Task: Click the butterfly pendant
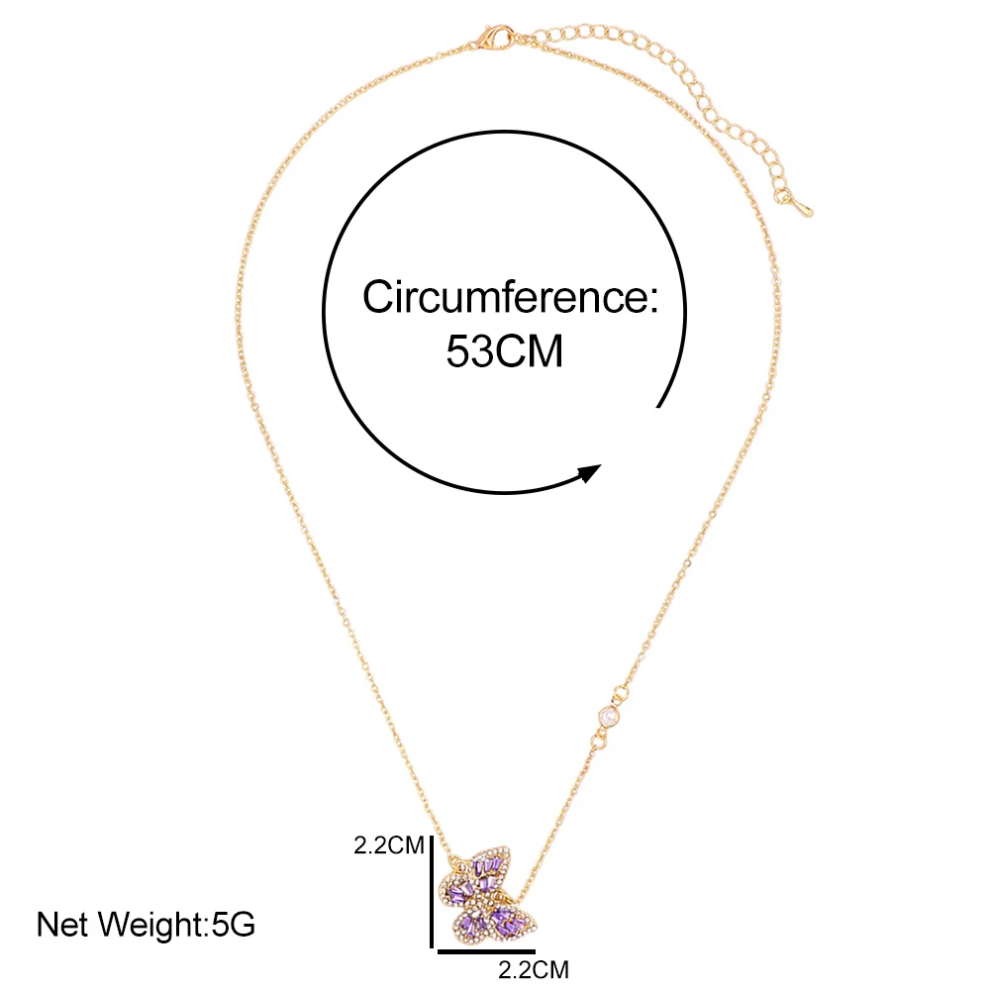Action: tap(485, 896)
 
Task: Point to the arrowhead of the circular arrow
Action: tap(590, 472)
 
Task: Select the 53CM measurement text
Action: tap(504, 352)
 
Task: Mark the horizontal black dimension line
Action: tap(485, 952)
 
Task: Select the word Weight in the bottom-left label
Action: tap(153, 926)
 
